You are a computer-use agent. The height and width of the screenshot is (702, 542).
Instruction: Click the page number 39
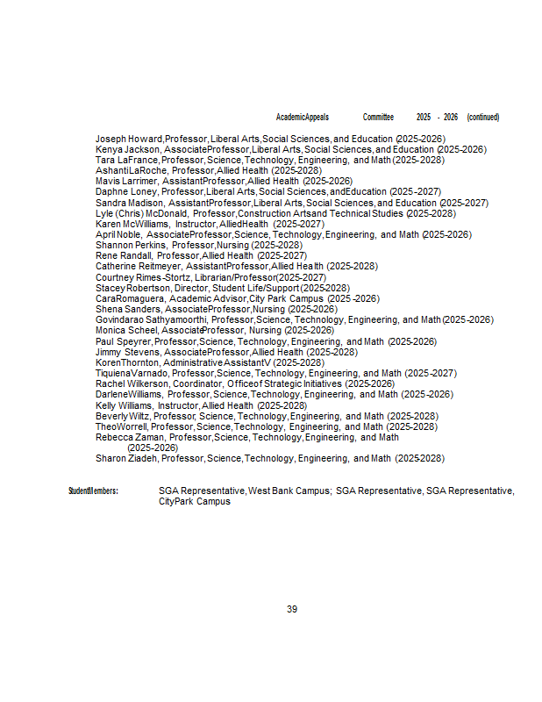292,609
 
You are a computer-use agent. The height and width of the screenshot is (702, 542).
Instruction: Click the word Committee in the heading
378,117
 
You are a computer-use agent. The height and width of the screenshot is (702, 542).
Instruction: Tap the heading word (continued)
483,117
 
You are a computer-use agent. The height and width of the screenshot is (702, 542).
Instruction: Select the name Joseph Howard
129,139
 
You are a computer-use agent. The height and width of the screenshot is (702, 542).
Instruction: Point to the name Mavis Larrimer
126,181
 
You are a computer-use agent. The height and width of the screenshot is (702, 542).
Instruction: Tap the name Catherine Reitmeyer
139,266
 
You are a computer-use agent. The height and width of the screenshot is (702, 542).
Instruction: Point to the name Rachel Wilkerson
132,383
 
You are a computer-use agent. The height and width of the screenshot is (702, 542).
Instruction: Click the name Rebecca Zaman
130,437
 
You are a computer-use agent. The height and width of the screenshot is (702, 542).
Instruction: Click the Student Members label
93,491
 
